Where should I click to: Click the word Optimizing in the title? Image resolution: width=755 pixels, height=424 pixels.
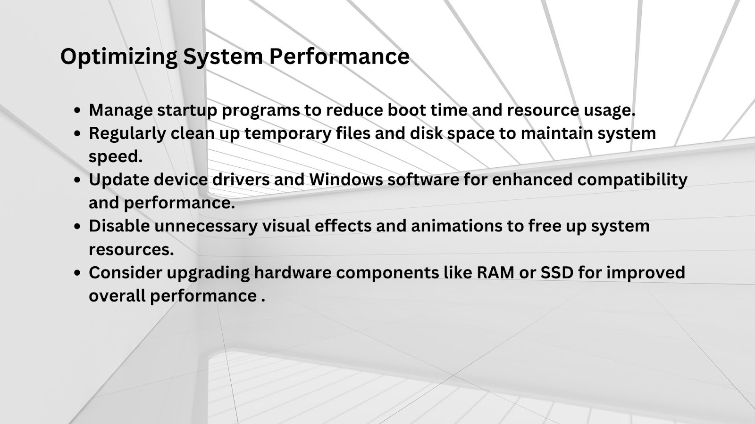click(119, 57)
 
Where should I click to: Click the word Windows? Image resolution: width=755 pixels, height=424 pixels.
click(346, 179)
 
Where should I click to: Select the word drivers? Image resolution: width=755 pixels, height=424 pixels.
click(241, 179)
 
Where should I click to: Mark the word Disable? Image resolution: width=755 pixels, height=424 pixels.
click(119, 226)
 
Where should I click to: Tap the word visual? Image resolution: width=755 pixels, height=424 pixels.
click(286, 226)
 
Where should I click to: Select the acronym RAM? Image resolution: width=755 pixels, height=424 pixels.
click(495, 273)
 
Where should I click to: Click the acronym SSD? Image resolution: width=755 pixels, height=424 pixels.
click(557, 273)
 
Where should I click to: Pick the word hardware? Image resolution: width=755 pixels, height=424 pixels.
click(293, 273)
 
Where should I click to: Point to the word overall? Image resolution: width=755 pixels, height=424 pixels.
click(117, 296)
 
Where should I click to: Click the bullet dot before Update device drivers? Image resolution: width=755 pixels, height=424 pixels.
click(77, 180)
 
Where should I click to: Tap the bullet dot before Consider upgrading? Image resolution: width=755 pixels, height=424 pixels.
click(77, 273)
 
